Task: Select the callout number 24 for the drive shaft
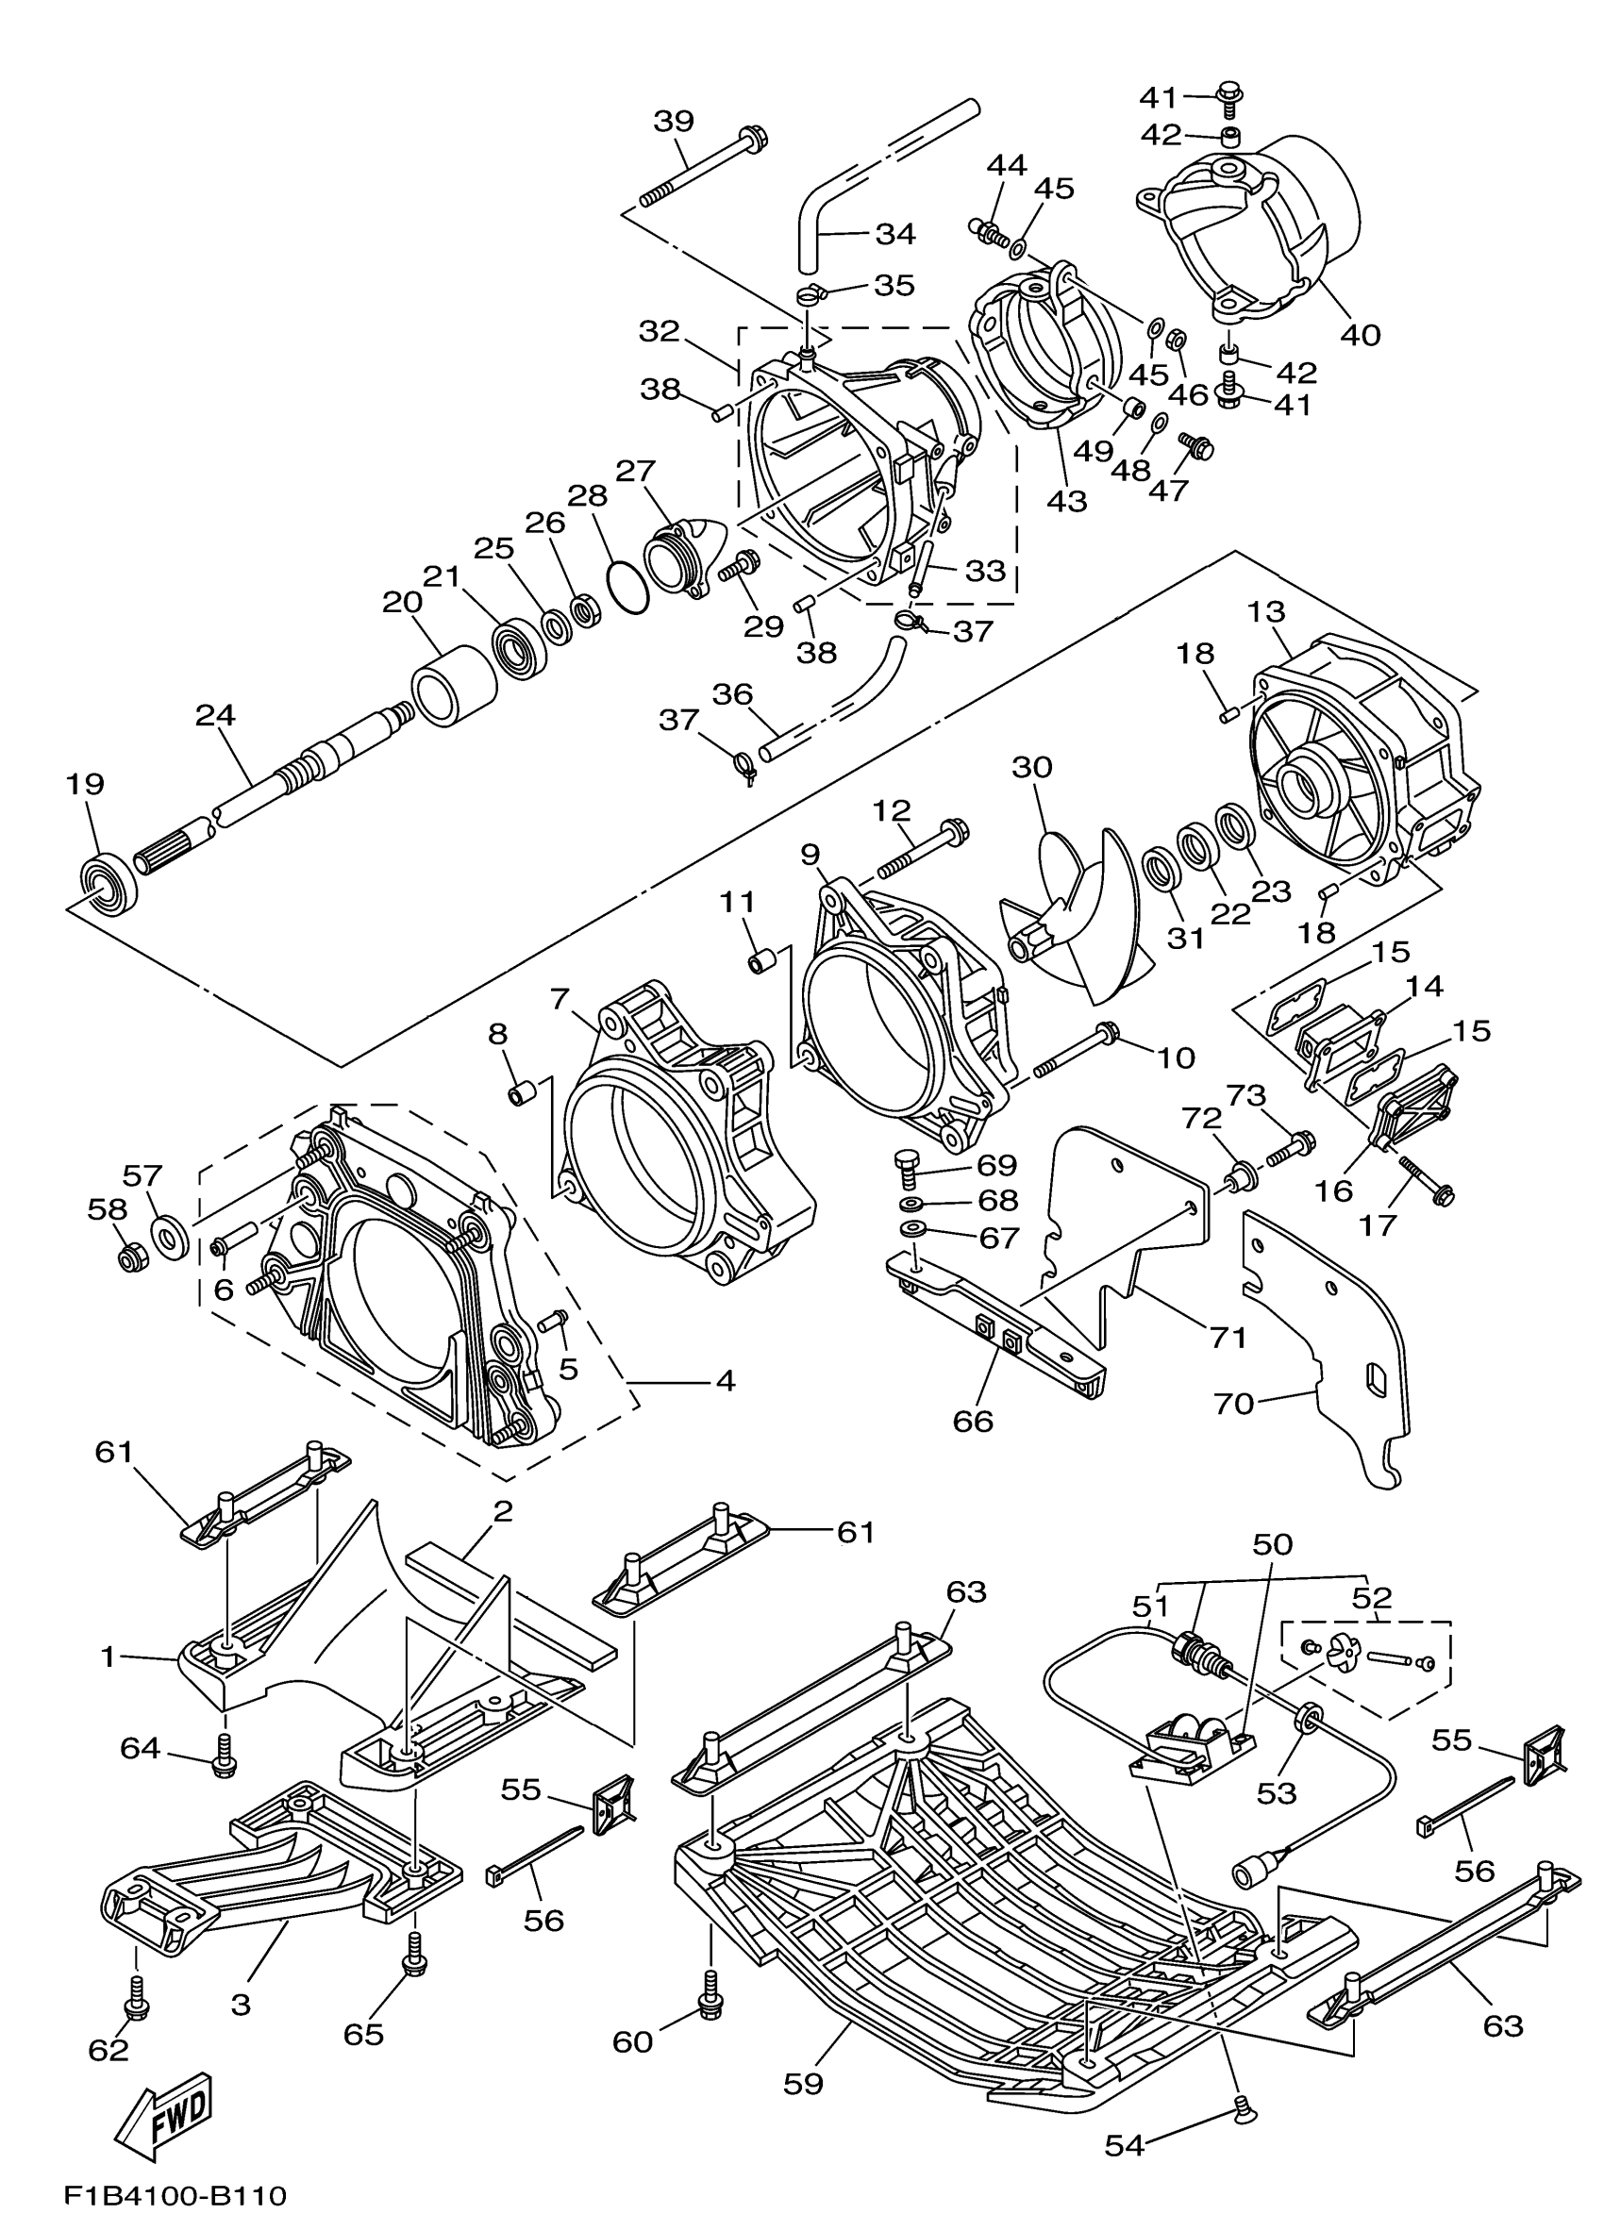click(x=215, y=716)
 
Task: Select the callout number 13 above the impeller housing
click(x=1265, y=613)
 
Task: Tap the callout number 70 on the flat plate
click(x=1233, y=1404)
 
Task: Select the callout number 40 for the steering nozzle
click(x=1360, y=334)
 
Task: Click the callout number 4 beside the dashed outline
click(x=725, y=1380)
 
